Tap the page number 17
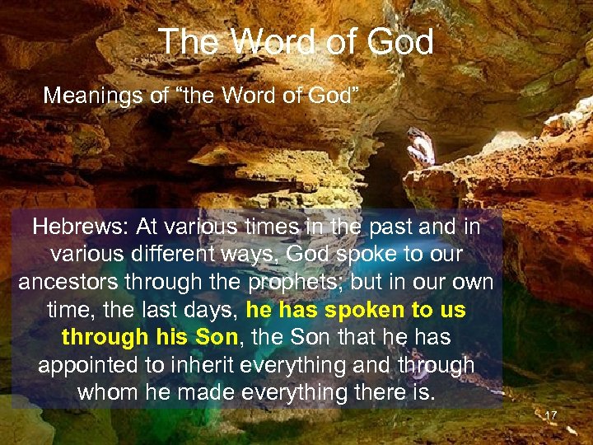551,415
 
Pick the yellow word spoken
362,311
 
